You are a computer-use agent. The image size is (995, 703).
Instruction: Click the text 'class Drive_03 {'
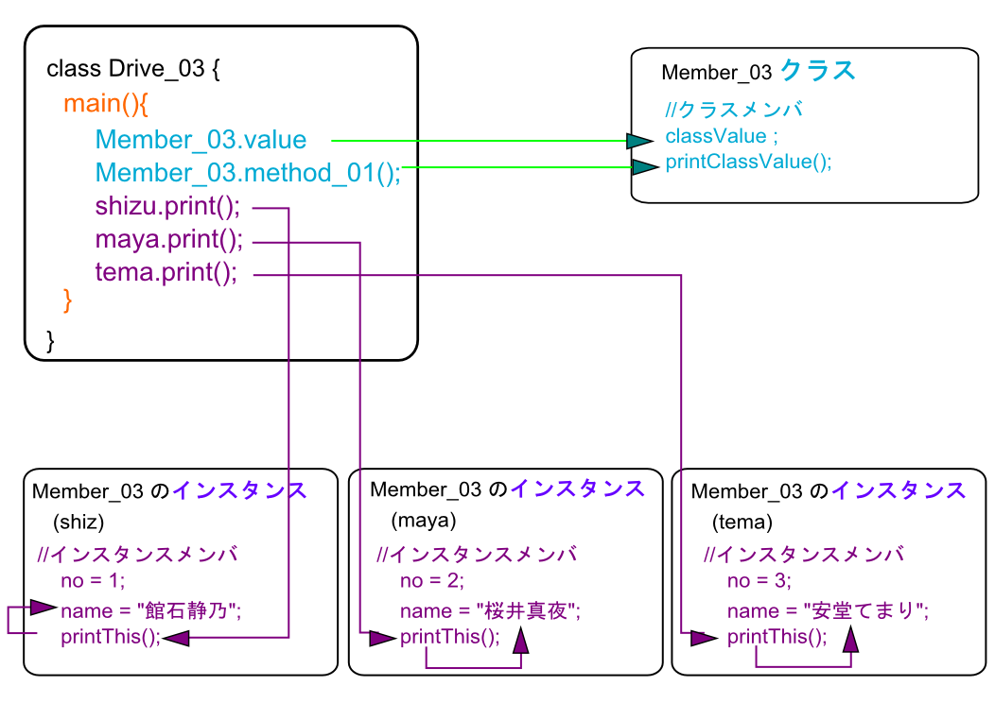132,69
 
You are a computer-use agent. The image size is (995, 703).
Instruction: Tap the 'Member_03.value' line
201,140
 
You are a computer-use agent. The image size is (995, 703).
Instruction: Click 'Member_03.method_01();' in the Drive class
248,173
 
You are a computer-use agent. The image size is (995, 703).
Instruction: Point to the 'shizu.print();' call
167,207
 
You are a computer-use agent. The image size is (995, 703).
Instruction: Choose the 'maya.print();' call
168,240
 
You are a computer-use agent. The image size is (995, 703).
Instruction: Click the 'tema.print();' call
166,273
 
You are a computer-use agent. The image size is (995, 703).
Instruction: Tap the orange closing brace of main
67,300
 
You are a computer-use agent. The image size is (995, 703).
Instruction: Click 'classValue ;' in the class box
722,136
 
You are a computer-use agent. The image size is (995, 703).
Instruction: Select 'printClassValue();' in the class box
748,161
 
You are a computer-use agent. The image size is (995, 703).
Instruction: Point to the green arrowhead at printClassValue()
645,167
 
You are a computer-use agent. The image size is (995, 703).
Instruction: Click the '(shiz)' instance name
79,523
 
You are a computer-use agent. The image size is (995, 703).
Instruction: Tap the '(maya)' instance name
423,521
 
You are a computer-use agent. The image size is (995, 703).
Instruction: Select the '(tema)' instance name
742,523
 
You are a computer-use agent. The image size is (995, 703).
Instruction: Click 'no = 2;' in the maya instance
431,580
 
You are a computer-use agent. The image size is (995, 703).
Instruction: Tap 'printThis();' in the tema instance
777,637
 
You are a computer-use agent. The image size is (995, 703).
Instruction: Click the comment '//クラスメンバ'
733,110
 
